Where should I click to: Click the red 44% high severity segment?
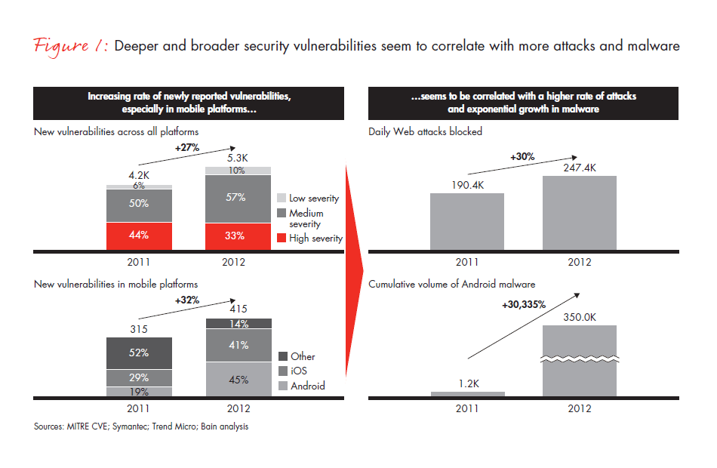(x=138, y=236)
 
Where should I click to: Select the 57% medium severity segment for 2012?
(x=238, y=199)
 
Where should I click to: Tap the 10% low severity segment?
(x=238, y=171)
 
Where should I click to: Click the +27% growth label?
(x=187, y=147)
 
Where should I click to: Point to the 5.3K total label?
(x=237, y=158)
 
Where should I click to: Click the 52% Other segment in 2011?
(x=138, y=353)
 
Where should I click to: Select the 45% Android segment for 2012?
(x=238, y=380)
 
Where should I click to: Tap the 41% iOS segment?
(x=238, y=346)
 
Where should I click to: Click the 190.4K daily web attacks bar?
(x=466, y=222)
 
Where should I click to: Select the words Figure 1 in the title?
(x=69, y=46)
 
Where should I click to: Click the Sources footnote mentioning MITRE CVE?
(x=140, y=427)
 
